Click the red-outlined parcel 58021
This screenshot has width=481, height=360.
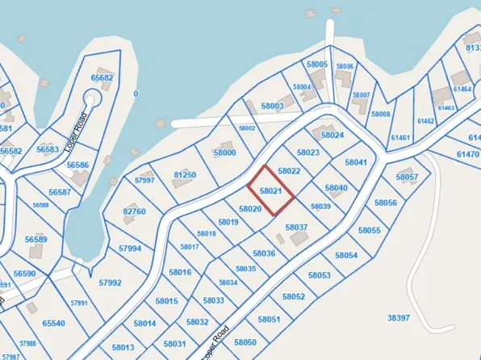[x=270, y=191]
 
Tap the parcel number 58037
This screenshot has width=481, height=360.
[x=297, y=228]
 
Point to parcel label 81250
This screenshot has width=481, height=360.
[x=185, y=174]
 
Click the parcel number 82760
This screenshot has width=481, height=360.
[x=134, y=211]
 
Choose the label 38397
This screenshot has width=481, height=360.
[x=399, y=318]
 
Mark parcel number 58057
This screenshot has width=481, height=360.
[x=408, y=177]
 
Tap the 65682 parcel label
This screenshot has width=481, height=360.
[x=102, y=78]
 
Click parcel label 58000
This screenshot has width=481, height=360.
[x=224, y=153]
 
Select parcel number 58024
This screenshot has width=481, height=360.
[x=333, y=135]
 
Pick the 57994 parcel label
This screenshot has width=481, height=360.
[x=130, y=249]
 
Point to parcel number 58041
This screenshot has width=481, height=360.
[x=356, y=162]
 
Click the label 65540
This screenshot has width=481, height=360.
[x=53, y=323]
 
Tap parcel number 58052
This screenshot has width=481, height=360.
[x=294, y=296]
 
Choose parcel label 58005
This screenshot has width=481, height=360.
[x=317, y=64]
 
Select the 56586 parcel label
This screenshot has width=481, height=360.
[x=77, y=165]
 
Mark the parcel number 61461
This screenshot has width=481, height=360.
[x=400, y=138]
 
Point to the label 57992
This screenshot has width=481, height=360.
[x=110, y=283]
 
